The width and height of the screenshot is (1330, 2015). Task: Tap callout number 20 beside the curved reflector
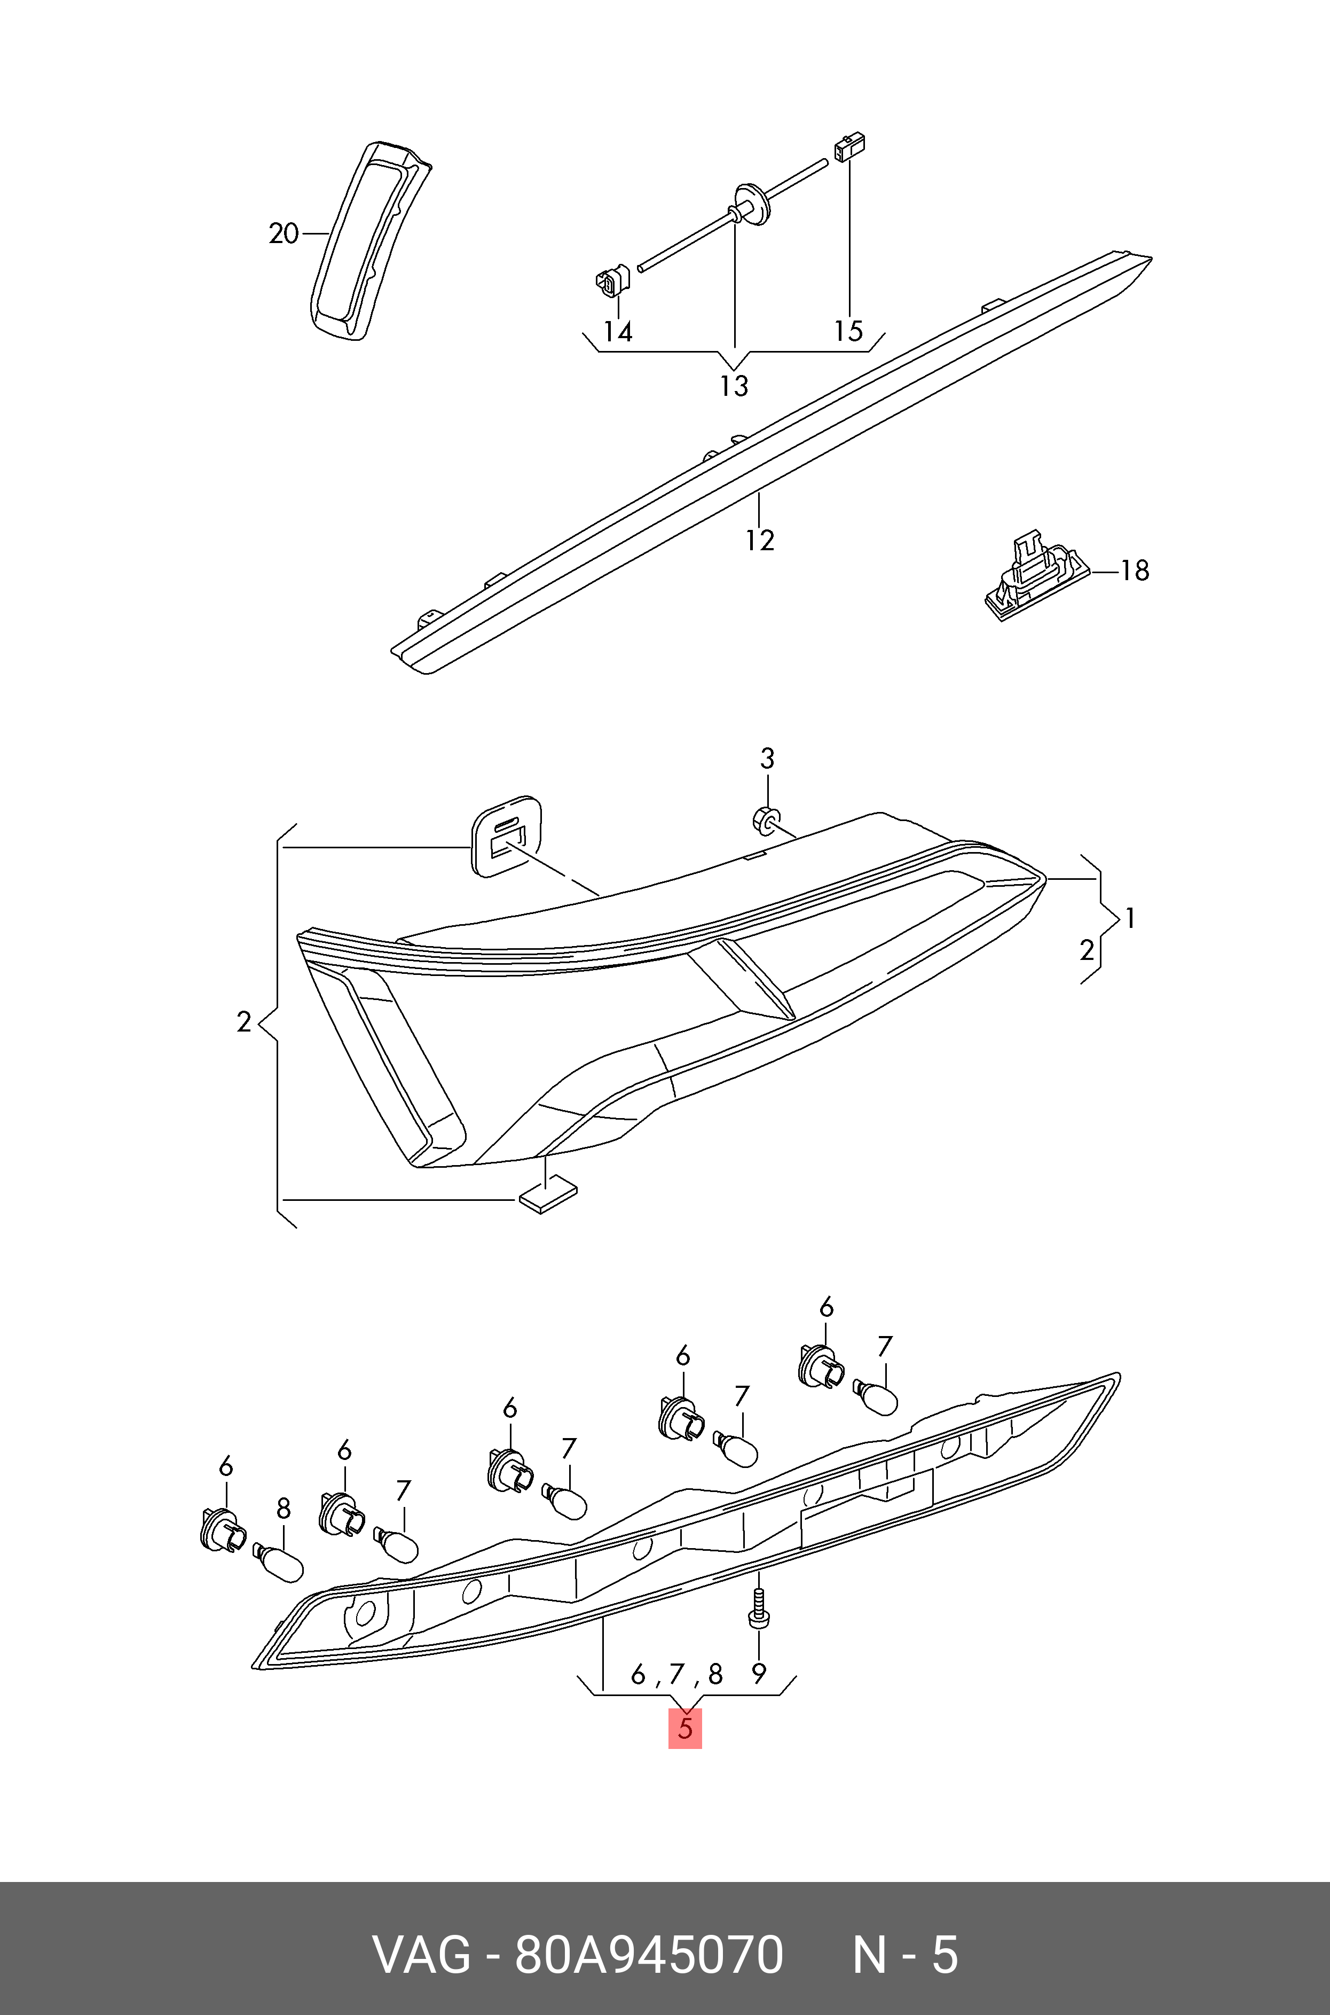click(x=284, y=233)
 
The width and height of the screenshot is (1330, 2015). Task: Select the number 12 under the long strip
click(x=760, y=541)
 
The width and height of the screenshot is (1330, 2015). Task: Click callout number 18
click(x=1134, y=570)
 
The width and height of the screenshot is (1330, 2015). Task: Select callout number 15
click(x=848, y=331)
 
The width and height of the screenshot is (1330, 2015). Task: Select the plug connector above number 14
click(x=610, y=283)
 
